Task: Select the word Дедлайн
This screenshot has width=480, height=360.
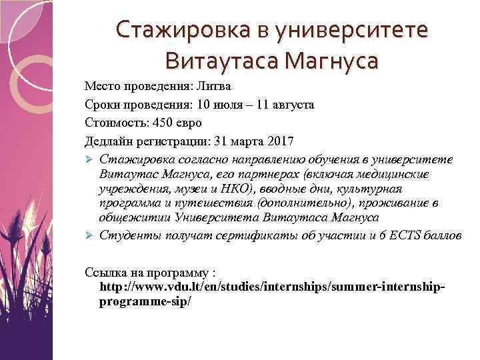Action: pos(109,141)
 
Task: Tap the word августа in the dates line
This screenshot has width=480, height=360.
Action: pos(291,105)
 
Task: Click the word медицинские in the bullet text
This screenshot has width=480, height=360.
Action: pos(411,174)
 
